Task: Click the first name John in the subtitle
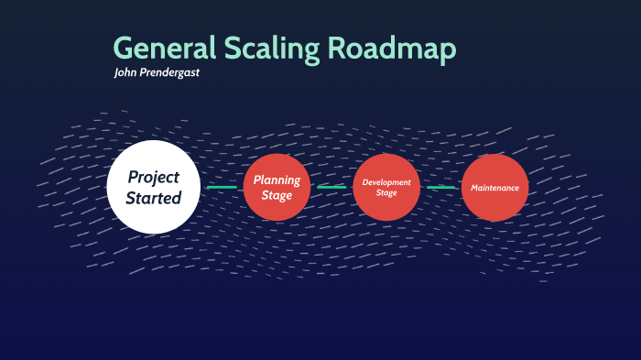[126, 72]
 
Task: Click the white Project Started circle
[153, 187]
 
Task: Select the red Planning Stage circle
[277, 187]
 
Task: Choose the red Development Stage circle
[386, 187]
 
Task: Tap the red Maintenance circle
[494, 187]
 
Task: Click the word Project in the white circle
[153, 177]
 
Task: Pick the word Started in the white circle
[153, 197]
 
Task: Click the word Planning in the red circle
[277, 180]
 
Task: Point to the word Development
[386, 182]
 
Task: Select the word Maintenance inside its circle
[494, 188]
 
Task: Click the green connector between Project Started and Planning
[222, 187]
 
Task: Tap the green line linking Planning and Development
[331, 187]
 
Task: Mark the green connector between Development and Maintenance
[440, 187]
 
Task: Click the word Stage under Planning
[277, 195]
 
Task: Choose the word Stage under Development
[386, 192]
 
